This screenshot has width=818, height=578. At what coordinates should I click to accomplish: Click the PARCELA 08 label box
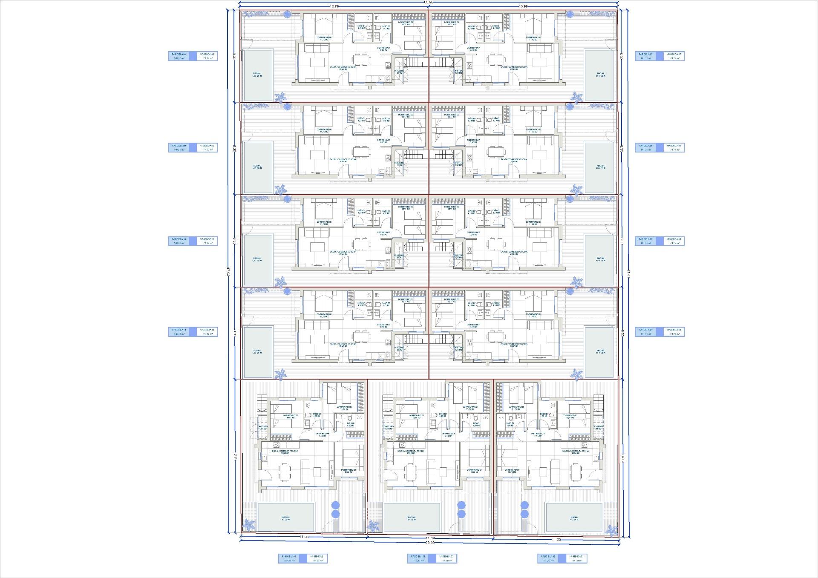(x=179, y=56)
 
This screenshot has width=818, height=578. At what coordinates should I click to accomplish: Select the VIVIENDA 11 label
(x=207, y=332)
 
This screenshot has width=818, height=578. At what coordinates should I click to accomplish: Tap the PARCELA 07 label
(x=646, y=56)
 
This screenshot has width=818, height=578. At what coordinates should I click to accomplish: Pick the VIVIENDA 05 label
(x=674, y=241)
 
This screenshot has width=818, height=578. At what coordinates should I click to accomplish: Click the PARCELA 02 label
(x=418, y=558)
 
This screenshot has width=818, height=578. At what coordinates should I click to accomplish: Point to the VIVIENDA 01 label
(x=317, y=558)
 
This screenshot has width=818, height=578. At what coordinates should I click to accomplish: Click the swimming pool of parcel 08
(x=258, y=75)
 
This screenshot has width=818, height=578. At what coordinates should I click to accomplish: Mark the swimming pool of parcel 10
(x=257, y=259)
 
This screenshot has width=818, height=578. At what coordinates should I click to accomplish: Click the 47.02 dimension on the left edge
(x=228, y=273)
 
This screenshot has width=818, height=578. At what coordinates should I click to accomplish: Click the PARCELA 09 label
(x=179, y=147)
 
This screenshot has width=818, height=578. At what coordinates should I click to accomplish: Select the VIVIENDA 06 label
(x=674, y=147)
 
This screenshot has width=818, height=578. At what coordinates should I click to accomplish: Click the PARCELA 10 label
(x=179, y=241)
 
